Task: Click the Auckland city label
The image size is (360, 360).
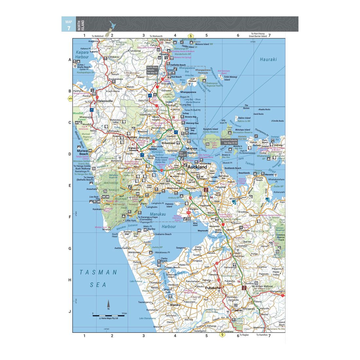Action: [x=198, y=167]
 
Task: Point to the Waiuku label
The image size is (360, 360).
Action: [x=175, y=305]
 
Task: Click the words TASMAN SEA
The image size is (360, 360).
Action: [x=99, y=278]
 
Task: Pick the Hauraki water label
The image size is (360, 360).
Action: [x=268, y=60]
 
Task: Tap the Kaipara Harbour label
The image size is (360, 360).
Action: [x=82, y=54]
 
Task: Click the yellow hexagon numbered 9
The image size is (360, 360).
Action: [x=222, y=334]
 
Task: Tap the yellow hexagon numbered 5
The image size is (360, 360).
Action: [x=70, y=99]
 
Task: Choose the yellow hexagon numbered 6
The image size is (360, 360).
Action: [x=190, y=36]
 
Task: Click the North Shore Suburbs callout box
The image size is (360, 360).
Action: [x=152, y=70]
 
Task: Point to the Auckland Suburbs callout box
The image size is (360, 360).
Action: [x=229, y=141]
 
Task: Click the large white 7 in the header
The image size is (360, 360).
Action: [x=69, y=28]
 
